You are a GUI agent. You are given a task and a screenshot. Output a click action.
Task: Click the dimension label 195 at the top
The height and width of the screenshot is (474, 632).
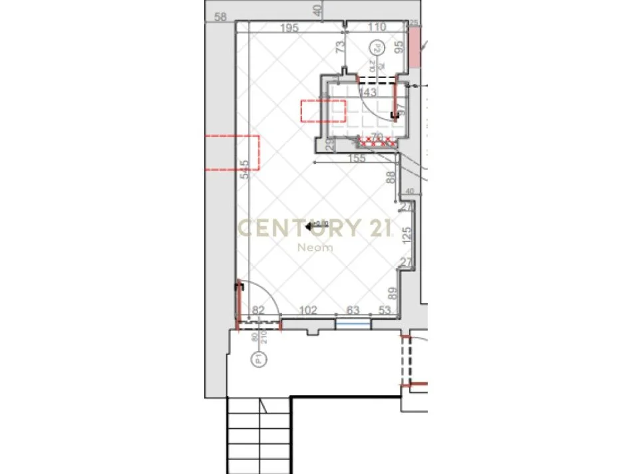tap(289, 27)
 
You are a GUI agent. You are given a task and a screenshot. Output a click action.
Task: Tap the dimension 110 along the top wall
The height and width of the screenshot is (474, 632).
tap(377, 27)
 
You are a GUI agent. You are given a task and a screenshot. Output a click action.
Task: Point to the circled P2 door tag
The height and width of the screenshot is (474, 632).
tap(376, 48)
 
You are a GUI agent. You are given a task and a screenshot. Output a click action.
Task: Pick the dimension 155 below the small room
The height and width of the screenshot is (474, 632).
tap(357, 158)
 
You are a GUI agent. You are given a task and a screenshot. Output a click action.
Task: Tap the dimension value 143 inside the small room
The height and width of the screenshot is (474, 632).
tap(368, 92)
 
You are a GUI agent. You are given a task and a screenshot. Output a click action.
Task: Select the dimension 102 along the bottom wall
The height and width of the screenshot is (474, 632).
tap(307, 309)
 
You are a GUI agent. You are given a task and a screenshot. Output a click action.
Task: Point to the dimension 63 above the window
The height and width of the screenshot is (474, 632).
tap(353, 309)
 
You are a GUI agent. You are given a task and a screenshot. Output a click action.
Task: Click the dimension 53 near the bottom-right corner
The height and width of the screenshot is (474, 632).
tap(385, 309)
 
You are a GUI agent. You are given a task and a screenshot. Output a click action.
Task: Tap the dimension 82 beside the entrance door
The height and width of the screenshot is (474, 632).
tap(259, 309)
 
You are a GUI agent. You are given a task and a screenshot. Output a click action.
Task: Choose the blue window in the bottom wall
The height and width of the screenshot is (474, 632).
tap(353, 323)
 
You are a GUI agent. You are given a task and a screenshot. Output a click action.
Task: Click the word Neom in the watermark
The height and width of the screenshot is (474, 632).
tap(315, 248)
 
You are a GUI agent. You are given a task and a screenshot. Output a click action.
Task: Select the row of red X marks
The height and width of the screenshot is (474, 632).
tap(377, 141)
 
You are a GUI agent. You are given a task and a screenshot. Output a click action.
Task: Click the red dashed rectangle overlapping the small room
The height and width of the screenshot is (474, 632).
tap(323, 110)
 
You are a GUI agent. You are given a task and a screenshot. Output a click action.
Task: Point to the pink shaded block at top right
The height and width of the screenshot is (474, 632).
tap(414, 47)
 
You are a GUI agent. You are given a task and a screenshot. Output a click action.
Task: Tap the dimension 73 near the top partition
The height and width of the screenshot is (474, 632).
tap(340, 47)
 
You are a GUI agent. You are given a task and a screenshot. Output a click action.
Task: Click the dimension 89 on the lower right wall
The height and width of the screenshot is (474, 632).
tap(392, 293)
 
